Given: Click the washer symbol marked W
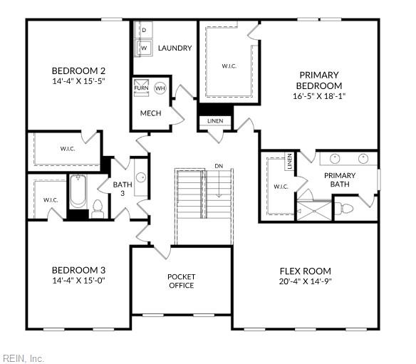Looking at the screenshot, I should point(143,48).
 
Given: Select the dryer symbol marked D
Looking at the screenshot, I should point(143,30).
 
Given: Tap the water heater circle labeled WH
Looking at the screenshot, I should point(160,88).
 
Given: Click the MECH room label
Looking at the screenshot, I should point(150,113).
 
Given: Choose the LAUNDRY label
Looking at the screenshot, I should point(175,48).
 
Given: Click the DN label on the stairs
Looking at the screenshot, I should point(219,166).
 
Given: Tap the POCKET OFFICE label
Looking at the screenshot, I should point(182,281).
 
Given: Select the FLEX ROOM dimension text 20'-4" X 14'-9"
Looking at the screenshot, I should point(305,281).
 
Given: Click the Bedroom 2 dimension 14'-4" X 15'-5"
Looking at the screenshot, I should point(79,82).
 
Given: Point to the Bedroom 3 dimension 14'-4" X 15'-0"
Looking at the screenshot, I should point(79,281).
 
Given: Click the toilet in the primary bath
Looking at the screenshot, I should point(345,209).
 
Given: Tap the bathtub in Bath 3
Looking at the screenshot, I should point(78,193).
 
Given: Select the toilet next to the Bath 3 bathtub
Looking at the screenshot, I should point(98,208).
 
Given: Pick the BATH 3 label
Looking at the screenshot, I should point(122,189).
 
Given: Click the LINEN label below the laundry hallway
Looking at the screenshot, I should point(215,121).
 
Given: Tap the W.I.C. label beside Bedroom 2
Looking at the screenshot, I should point(68,149).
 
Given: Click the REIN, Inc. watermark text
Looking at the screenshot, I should point(24,358).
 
